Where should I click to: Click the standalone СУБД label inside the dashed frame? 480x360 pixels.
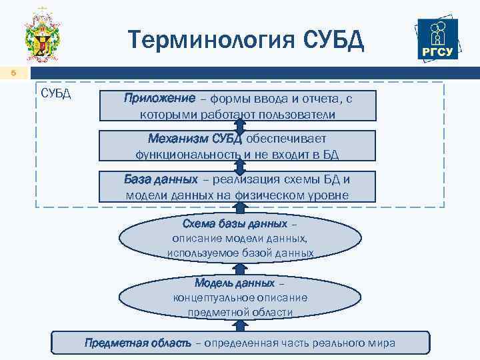[x=56, y=92]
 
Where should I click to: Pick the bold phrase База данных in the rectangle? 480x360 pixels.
[x=161, y=179]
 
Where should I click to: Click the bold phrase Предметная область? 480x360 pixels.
[x=137, y=343]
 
